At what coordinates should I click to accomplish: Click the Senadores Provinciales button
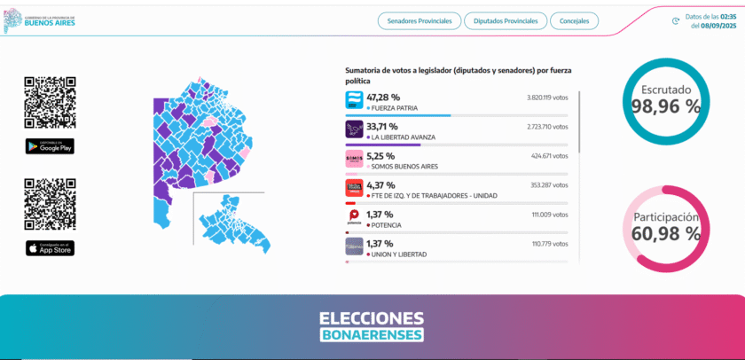[418, 20]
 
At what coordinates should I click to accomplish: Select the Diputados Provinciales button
[505, 20]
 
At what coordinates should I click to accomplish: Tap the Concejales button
[574, 20]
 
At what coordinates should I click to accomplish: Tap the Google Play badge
[50, 146]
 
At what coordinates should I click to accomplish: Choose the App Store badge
[50, 248]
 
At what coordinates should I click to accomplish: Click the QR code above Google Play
[50, 103]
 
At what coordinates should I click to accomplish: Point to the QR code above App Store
[50, 205]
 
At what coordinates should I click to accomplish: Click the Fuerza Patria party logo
[354, 101]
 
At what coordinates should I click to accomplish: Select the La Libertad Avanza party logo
[354, 129]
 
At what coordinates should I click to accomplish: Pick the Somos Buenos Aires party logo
[354, 159]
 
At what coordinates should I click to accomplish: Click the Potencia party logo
[354, 217]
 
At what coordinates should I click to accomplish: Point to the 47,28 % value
[383, 97]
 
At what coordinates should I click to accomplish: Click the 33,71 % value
[383, 126]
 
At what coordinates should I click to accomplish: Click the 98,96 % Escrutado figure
[666, 106]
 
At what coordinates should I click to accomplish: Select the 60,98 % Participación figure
[666, 234]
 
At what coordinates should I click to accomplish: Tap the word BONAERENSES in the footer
[372, 334]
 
